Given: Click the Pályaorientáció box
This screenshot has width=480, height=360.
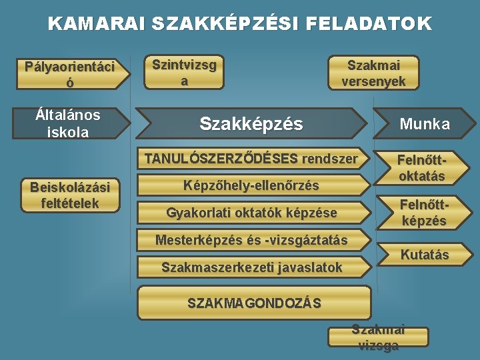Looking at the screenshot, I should pyautogui.click(x=69, y=74).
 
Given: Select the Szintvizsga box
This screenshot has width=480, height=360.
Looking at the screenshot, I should pyautogui.click(x=184, y=72).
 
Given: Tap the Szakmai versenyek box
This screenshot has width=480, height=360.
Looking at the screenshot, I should pyautogui.click(x=373, y=73).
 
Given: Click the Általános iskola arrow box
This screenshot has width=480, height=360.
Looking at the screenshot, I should pyautogui.click(x=68, y=123).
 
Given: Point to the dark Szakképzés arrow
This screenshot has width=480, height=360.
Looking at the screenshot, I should pyautogui.click(x=251, y=123).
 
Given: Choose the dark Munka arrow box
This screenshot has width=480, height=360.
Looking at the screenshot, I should pyautogui.click(x=424, y=123).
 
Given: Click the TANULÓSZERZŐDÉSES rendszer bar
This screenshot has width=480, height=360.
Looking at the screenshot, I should pyautogui.click(x=251, y=159).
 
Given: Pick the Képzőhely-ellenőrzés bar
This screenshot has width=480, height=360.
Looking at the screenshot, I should pyautogui.click(x=251, y=185).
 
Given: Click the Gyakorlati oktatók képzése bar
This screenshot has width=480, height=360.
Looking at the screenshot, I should pyautogui.click(x=251, y=213).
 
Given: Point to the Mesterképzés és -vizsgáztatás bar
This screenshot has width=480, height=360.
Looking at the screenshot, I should pyautogui.click(x=251, y=240).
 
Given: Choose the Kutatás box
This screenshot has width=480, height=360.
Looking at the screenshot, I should pyautogui.click(x=424, y=254).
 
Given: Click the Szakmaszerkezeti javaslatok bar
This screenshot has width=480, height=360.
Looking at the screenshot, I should pyautogui.click(x=251, y=267).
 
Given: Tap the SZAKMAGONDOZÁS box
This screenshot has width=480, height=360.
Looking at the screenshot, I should pyautogui.click(x=253, y=303).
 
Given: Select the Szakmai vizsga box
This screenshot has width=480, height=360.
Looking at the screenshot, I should pyautogui.click(x=378, y=337).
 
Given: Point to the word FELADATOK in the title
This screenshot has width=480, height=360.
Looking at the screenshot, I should pyautogui.click(x=369, y=25).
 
